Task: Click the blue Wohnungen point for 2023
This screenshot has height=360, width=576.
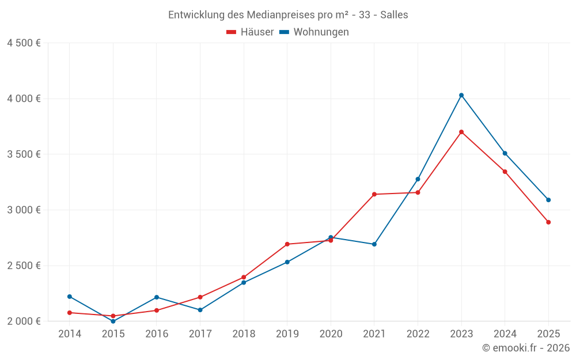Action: click(461, 95)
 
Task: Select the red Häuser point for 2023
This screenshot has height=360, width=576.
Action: click(461, 132)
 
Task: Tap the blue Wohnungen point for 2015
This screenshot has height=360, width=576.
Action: click(113, 321)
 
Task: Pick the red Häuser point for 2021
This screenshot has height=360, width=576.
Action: click(374, 194)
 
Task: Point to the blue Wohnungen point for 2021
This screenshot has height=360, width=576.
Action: click(374, 244)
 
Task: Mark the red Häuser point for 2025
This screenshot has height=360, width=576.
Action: click(548, 222)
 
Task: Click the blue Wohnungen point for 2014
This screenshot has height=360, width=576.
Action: click(70, 297)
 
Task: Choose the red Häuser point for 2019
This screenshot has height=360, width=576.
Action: click(287, 244)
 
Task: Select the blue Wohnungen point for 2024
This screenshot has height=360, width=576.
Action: click(505, 153)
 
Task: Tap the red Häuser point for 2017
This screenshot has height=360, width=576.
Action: click(200, 297)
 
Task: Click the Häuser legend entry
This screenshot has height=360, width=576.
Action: click(250, 32)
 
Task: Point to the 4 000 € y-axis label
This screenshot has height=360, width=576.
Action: click(24, 98)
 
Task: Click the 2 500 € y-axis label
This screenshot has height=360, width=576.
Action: click(24, 266)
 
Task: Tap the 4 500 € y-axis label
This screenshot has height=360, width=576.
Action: click(24, 43)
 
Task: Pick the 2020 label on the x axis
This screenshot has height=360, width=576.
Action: click(331, 334)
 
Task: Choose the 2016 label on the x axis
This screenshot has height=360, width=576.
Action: click(157, 334)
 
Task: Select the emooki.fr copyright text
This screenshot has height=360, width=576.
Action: click(526, 348)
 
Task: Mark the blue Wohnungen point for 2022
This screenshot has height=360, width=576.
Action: click(418, 179)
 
